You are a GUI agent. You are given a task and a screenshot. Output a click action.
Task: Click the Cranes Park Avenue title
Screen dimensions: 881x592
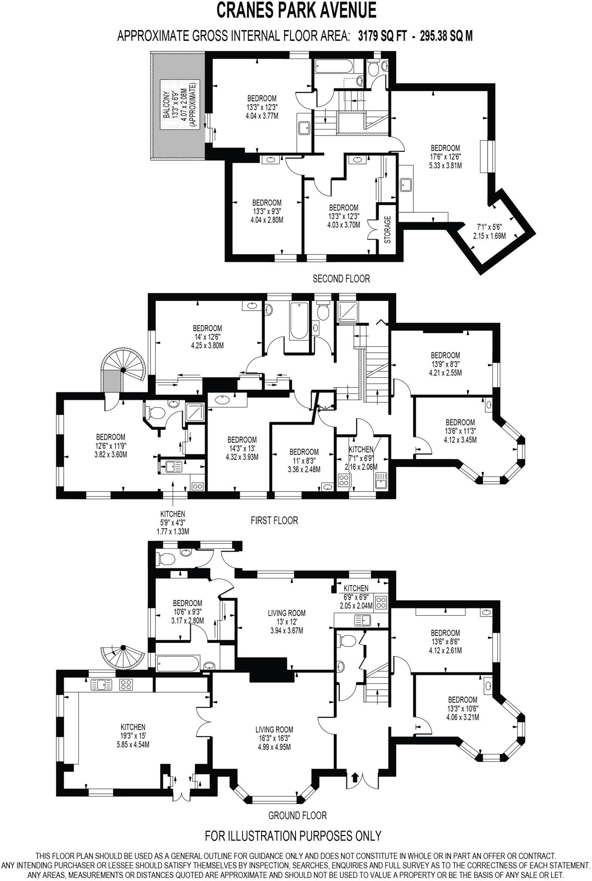click(296, 10)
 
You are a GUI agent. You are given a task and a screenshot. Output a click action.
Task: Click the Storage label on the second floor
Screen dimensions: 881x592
click(387, 230)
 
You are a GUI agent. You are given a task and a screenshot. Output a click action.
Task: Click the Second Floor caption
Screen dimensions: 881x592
click(341, 279)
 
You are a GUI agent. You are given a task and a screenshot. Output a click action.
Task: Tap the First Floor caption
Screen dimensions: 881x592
click(274, 521)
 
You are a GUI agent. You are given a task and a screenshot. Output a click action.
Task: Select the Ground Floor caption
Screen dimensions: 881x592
click(297, 815)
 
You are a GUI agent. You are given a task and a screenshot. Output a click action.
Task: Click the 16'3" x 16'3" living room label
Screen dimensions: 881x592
click(274, 738)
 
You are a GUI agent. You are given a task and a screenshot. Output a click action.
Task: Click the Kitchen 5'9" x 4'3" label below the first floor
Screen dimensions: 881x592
click(173, 523)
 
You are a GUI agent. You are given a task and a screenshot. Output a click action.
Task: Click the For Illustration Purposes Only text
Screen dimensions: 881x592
click(293, 836)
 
